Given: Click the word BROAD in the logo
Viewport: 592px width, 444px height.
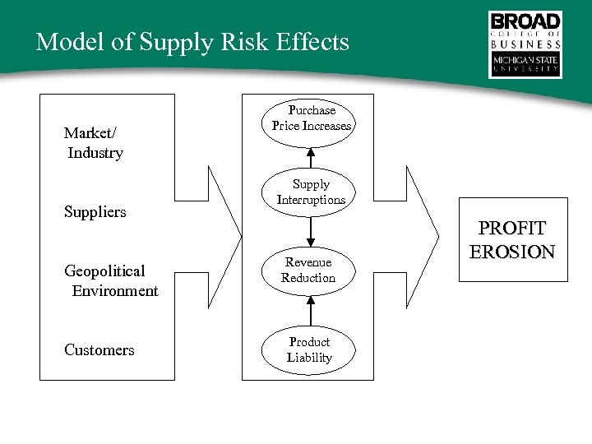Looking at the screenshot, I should pyautogui.click(x=525, y=22).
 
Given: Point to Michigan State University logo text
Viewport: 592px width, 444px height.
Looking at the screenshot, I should pyautogui.click(x=525, y=64).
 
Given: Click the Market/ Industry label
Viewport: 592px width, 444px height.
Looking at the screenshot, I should pyautogui.click(x=93, y=142).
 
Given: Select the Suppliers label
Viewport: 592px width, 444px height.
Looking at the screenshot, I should pyautogui.click(x=95, y=212).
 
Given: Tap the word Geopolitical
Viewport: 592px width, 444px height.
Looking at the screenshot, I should pyautogui.click(x=104, y=271).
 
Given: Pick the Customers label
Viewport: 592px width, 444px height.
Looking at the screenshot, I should pyautogui.click(x=99, y=350).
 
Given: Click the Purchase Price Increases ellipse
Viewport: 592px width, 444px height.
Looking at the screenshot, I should pyautogui.click(x=311, y=118).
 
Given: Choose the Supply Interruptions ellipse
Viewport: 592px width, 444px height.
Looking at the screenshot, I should pyautogui.click(x=311, y=192).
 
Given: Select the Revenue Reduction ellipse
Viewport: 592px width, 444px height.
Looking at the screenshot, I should pyautogui.click(x=309, y=270).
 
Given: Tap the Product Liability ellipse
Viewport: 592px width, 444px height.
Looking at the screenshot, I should pyautogui.click(x=309, y=349).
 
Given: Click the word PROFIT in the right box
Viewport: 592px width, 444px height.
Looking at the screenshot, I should pyautogui.click(x=512, y=229).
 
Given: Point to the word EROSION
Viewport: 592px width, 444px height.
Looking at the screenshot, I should pyautogui.click(x=512, y=252).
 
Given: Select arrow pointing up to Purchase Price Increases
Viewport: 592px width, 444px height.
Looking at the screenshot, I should pyautogui.click(x=311, y=158).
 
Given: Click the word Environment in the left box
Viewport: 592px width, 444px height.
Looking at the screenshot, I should pyautogui.click(x=115, y=291).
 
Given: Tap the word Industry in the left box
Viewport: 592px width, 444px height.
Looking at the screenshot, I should pyautogui.click(x=95, y=153).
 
